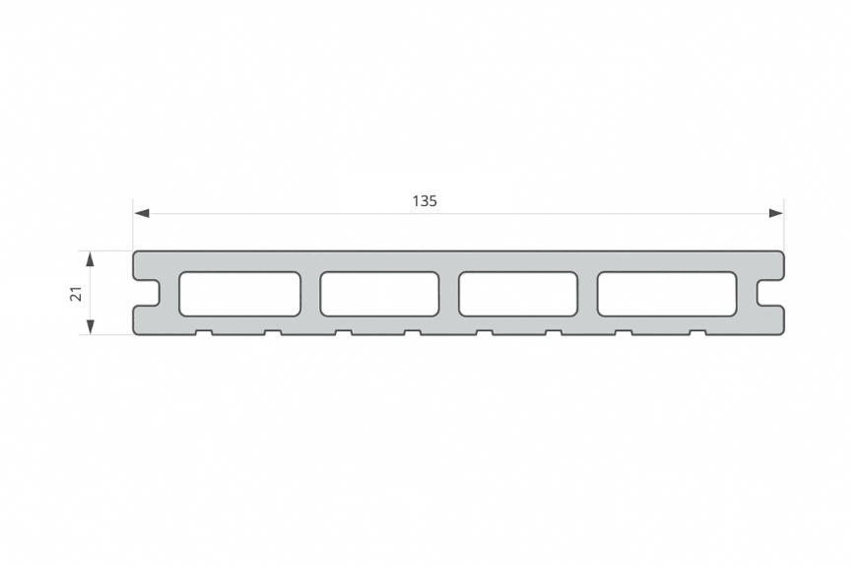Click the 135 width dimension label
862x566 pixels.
425,201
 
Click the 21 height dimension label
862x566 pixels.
77,293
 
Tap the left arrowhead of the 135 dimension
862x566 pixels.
142,213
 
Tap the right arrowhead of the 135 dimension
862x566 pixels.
775,213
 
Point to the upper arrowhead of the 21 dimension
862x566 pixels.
91,259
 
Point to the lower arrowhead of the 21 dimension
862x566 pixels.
91,326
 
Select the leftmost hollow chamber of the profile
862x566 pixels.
239,294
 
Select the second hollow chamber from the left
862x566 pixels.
379,294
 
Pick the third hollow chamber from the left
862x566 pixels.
518,294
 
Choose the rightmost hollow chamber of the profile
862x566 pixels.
667,294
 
